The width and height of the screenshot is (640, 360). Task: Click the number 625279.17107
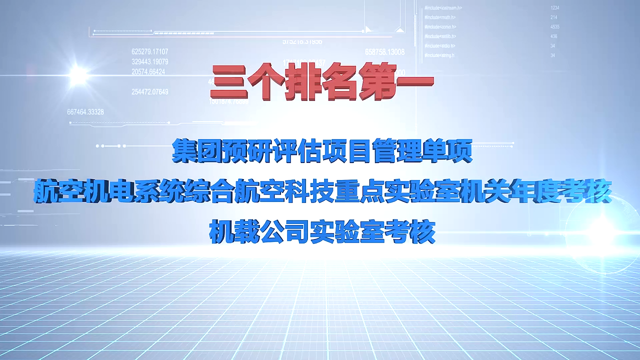(x=150, y=51)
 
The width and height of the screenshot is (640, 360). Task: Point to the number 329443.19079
(x=150, y=61)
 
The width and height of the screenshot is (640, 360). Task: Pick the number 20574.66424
(x=148, y=71)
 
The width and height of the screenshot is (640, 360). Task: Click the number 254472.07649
(x=150, y=92)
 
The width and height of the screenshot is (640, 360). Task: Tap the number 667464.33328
(x=85, y=112)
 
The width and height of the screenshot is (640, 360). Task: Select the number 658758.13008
(x=384, y=52)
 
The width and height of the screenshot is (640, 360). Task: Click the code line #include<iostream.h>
(x=443, y=8)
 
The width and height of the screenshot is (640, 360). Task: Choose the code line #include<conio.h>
(x=440, y=27)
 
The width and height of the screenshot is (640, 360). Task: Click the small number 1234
(x=554, y=8)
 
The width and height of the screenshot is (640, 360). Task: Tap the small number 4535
(x=554, y=27)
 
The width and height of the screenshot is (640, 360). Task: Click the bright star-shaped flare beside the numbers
(x=78, y=75)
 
